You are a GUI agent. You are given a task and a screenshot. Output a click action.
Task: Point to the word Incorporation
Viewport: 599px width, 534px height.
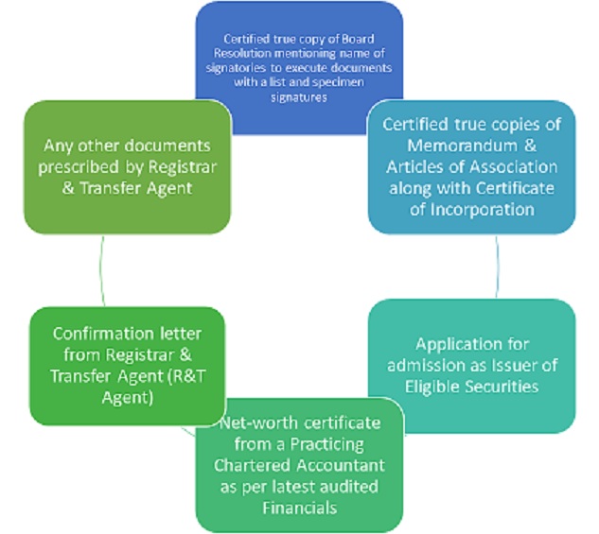tap(482, 210)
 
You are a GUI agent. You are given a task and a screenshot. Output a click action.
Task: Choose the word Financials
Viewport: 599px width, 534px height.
tap(300, 508)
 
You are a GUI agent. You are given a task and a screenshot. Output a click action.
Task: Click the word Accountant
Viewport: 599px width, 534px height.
tap(342, 465)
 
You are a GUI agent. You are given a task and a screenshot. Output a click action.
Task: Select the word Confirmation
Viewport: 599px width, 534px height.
tap(103, 334)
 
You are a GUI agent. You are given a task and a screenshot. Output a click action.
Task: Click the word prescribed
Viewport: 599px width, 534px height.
tap(79, 167)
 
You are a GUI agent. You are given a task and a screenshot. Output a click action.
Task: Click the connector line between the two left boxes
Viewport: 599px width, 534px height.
tap(101, 271)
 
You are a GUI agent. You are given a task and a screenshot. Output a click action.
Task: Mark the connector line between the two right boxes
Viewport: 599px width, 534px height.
tap(498, 267)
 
